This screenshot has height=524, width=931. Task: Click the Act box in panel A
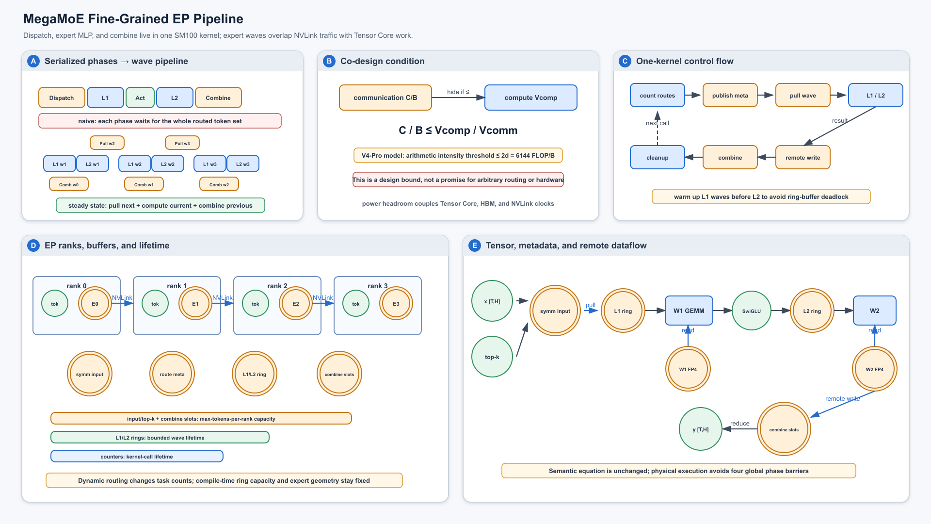140,98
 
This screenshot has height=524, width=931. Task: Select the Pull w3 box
182,143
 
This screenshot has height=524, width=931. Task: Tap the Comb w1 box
144,184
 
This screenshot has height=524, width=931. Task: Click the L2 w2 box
168,164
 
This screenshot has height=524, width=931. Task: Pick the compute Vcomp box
531,98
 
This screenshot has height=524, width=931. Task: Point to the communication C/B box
385,98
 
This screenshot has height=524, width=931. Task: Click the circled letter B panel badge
329,61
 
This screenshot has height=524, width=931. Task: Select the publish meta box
730,95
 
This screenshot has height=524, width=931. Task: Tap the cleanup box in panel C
658,157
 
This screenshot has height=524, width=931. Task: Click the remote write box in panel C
803,157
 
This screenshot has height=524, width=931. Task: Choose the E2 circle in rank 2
296,304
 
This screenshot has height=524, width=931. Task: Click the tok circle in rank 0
55,304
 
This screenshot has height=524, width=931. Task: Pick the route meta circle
172,374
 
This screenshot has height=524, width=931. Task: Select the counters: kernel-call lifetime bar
137,457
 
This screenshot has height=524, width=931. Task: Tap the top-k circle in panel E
492,357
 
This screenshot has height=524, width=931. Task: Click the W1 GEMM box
689,311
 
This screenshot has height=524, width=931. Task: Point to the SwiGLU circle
752,311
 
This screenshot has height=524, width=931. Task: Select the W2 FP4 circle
875,369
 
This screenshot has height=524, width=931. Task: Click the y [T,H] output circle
701,429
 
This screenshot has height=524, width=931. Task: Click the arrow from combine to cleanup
694,157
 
